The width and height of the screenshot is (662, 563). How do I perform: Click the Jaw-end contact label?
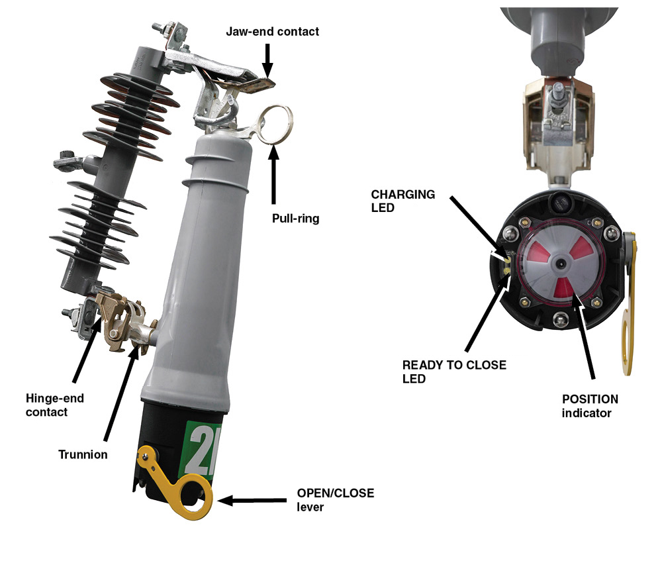272,31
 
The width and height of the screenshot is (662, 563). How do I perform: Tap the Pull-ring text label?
295,217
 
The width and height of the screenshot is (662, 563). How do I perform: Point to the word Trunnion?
83,454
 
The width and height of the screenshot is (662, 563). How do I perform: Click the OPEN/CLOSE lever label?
335,500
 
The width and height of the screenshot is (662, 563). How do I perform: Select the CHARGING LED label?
402,201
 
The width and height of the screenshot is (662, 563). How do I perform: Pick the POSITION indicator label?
590,406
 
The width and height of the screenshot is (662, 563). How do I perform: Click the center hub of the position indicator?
561,263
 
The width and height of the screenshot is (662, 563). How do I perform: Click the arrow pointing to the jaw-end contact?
267,60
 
